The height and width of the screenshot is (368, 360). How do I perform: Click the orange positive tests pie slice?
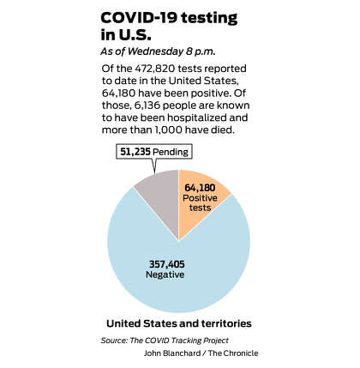[x=200, y=203]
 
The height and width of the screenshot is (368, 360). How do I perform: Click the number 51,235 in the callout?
[x=135, y=152]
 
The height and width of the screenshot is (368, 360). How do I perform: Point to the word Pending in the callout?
[x=171, y=152]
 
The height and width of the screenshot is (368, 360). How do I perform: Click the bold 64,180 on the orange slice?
[x=200, y=188]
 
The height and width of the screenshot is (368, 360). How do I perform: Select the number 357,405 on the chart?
[x=167, y=264]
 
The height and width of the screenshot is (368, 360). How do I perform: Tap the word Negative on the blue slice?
[x=165, y=274]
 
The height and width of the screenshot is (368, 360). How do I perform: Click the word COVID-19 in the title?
[x=139, y=18]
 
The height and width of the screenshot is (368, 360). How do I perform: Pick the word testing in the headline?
[x=209, y=19]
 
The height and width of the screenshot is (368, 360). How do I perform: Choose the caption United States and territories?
[x=179, y=323]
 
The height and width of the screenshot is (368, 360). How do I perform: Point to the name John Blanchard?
[x=172, y=353]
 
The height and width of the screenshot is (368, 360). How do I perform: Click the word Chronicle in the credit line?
[x=241, y=353]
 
